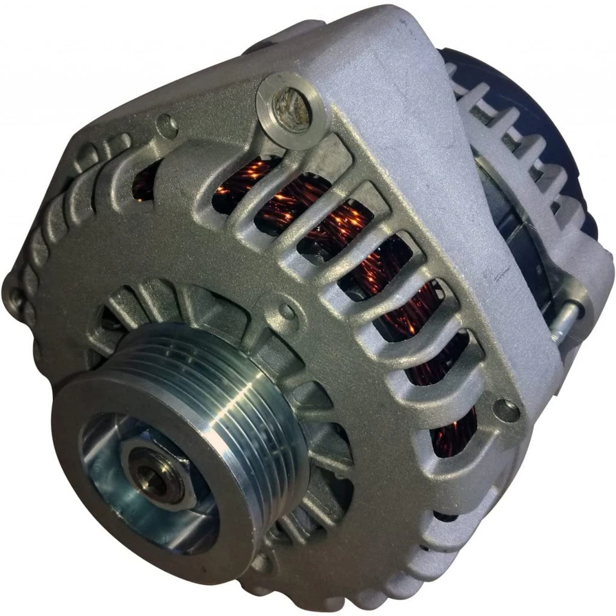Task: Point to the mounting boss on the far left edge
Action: pyautogui.click(x=14, y=296)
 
